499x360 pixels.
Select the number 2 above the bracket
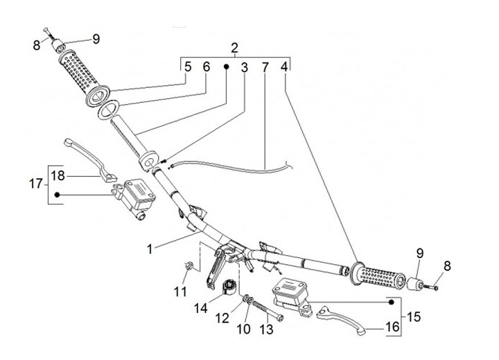coord(234,48)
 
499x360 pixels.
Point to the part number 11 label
coord(180,292)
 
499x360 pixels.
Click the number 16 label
coord(393,325)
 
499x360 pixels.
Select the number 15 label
coord(414,317)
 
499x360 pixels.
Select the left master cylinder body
coord(136,197)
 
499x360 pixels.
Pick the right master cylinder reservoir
coord(290,291)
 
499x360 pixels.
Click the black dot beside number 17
coord(58,195)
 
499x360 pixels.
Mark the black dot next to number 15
coord(392,302)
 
